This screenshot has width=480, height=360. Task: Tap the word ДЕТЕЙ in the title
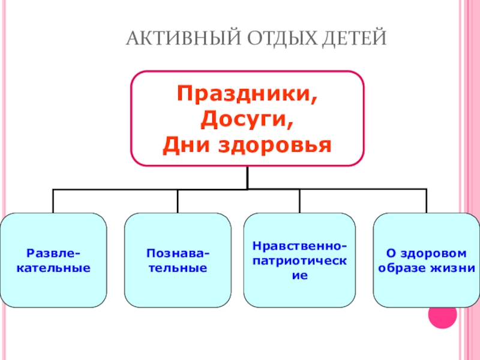click(355, 39)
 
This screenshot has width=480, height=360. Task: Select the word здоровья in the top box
click(276, 145)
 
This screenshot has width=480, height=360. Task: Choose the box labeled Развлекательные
click(53, 260)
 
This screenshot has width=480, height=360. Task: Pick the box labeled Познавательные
click(178, 260)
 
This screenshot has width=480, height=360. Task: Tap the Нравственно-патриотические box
click(299, 260)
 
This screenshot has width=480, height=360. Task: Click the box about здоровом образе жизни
click(426, 260)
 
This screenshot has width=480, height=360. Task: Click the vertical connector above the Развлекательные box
click(53, 201)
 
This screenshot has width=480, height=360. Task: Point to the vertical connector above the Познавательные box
click(178, 201)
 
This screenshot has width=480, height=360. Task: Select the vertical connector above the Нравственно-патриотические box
click(299, 201)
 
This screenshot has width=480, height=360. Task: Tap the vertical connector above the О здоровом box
click(427, 201)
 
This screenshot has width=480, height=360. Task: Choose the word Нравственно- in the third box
click(299, 247)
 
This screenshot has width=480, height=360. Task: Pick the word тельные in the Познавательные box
click(178, 268)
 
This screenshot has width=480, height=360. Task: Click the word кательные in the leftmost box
click(53, 268)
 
